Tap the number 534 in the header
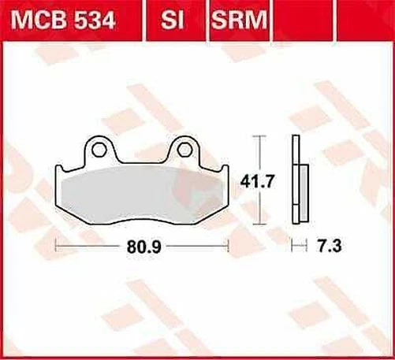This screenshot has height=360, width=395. (93, 20)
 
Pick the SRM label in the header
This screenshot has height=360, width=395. (237, 20)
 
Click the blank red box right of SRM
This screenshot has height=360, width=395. (330, 20)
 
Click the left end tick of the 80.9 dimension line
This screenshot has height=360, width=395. (55, 247)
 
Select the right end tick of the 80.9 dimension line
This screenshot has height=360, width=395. (229, 247)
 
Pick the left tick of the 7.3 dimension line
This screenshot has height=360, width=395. (292, 247)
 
